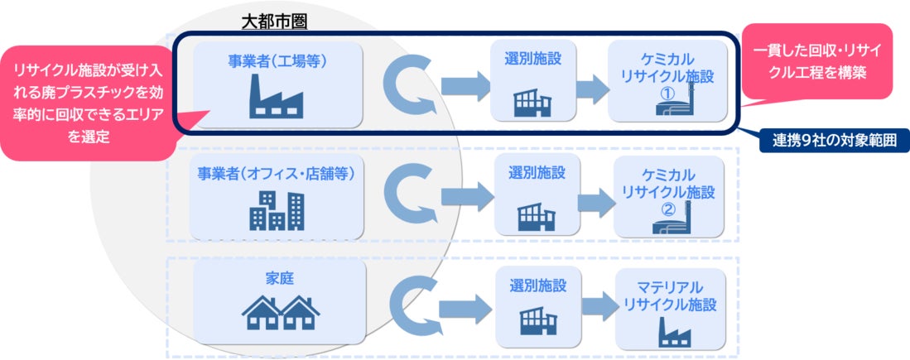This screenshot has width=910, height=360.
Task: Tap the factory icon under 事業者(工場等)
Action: coord(277,100)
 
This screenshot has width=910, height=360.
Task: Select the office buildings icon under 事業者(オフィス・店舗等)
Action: coord(276,210)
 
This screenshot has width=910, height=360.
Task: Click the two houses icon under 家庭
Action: coord(280,314)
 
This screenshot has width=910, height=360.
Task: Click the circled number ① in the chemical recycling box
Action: coord(667,94)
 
